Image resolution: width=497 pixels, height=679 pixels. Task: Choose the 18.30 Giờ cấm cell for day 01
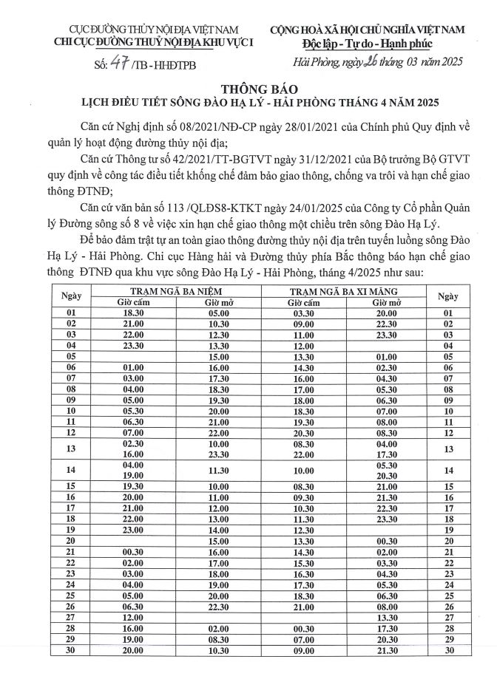(x=133, y=313)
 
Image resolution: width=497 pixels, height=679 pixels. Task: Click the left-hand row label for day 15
(x=72, y=488)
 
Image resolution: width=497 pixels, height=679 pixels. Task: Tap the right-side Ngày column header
(x=447, y=297)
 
